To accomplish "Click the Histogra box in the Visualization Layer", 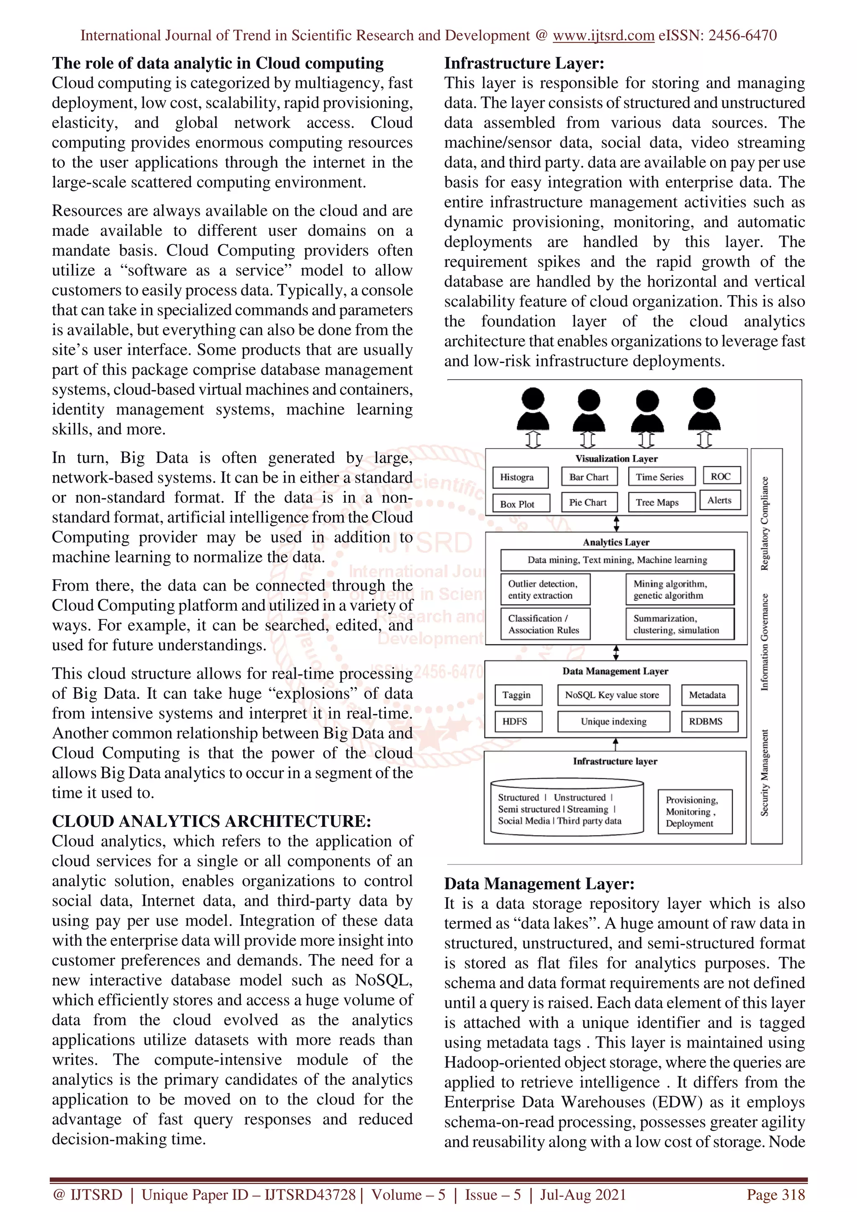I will pos(520,477).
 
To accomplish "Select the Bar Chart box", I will pos(589,477).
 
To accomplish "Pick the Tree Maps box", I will pos(661,503).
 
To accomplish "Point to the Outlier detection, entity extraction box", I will pos(545,589).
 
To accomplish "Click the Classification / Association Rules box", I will pos(545,624).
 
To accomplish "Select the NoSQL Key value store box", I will pos(613,695).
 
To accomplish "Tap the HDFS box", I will pos(518,721).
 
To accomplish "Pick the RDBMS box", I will pos(708,721).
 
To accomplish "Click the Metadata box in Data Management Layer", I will pos(708,695).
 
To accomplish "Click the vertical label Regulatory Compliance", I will pos(765,524).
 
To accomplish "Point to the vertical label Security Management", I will pos(765,773).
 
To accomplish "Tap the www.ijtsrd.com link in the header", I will pos(603,36).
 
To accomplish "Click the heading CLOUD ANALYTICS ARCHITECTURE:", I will pos(212,821).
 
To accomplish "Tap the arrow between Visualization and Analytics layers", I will pos(616,524).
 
